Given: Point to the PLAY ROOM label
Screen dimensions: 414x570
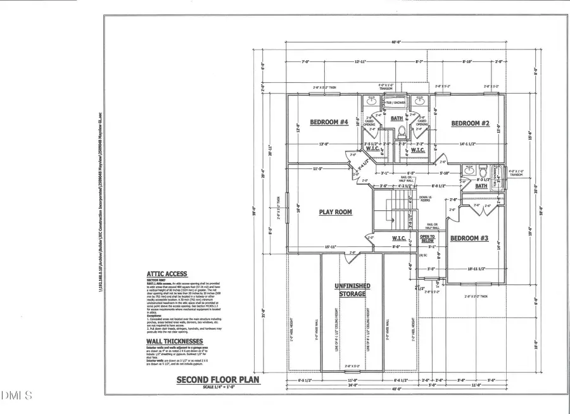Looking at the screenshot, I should [x=335, y=213].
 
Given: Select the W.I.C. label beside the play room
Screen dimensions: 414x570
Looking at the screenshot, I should [x=398, y=239].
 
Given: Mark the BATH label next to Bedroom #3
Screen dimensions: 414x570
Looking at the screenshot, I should [x=481, y=186].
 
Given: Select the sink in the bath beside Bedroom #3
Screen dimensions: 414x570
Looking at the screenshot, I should [x=469, y=171].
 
